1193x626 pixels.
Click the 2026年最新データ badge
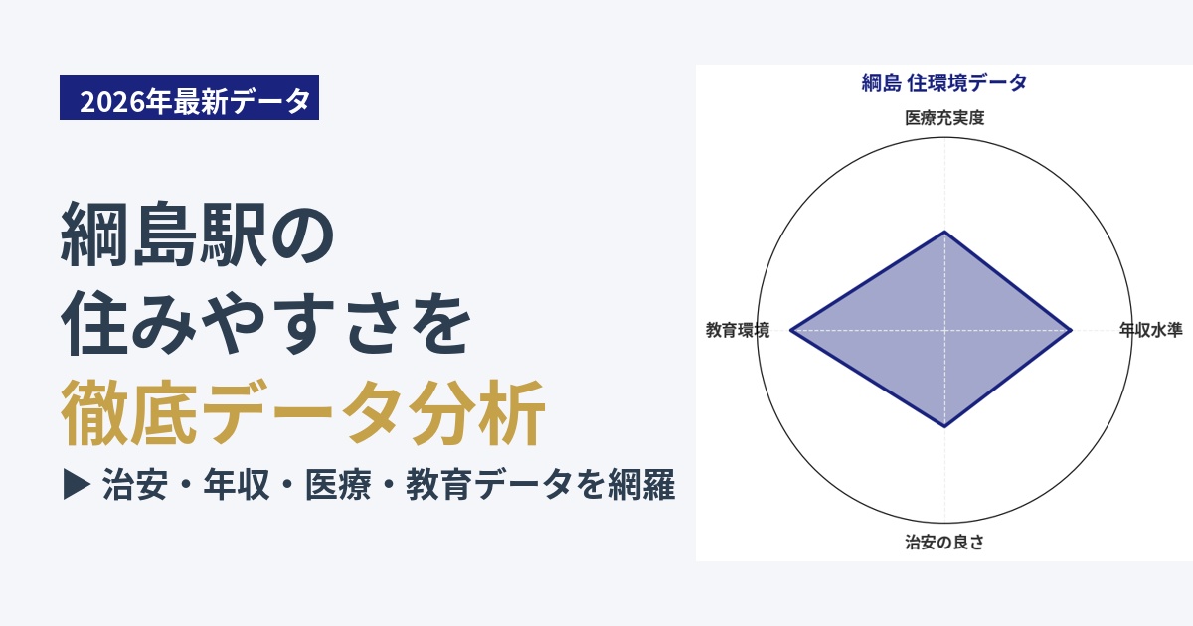[x=189, y=97]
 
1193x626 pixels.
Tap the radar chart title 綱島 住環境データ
[x=944, y=83]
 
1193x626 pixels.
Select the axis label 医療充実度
[x=944, y=118]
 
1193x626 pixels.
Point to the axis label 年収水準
[x=1150, y=330]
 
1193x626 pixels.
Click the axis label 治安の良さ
[x=944, y=542]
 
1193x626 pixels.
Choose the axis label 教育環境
[x=738, y=330]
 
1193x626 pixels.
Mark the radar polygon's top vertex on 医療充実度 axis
[x=944, y=232]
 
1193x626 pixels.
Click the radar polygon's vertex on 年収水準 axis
[x=1071, y=331]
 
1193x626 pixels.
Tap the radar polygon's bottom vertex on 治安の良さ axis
[x=944, y=427]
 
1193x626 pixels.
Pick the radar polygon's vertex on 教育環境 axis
[x=790, y=331]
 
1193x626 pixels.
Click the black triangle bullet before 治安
[x=77, y=484]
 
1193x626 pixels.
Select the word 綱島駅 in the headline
[x=163, y=235]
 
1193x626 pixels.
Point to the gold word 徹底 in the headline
[x=129, y=412]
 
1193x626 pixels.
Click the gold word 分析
[x=477, y=412]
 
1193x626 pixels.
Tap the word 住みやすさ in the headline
[x=231, y=323]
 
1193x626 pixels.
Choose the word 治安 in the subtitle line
[x=135, y=485]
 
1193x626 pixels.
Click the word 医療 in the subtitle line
[x=338, y=485]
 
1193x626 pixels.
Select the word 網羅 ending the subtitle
[x=642, y=485]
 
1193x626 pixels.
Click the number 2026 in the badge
[x=112, y=101]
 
